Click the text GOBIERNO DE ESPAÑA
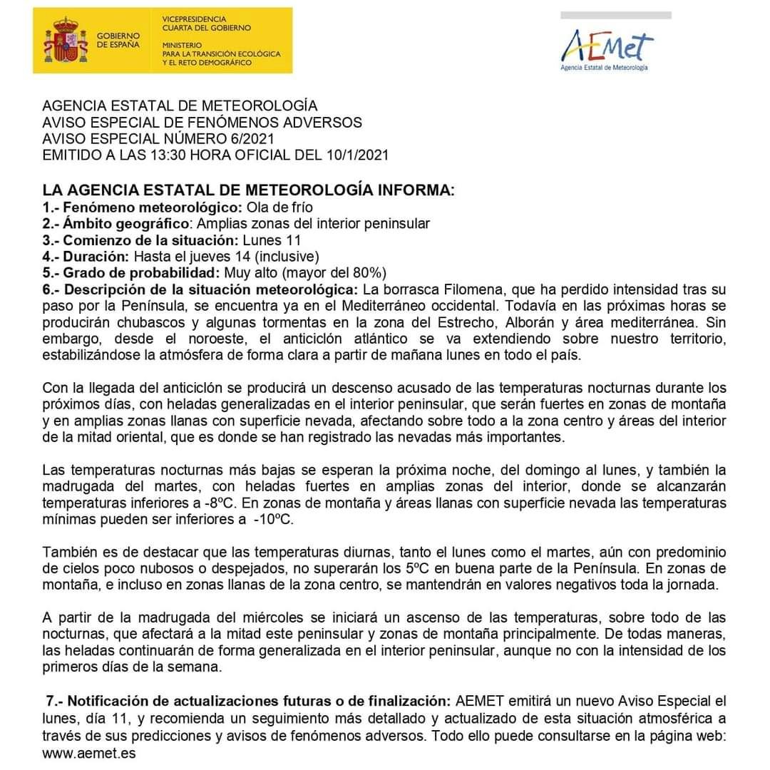[118, 40]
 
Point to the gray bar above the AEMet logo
[615, 15]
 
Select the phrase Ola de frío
[279, 207]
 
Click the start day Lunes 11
[272, 240]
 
